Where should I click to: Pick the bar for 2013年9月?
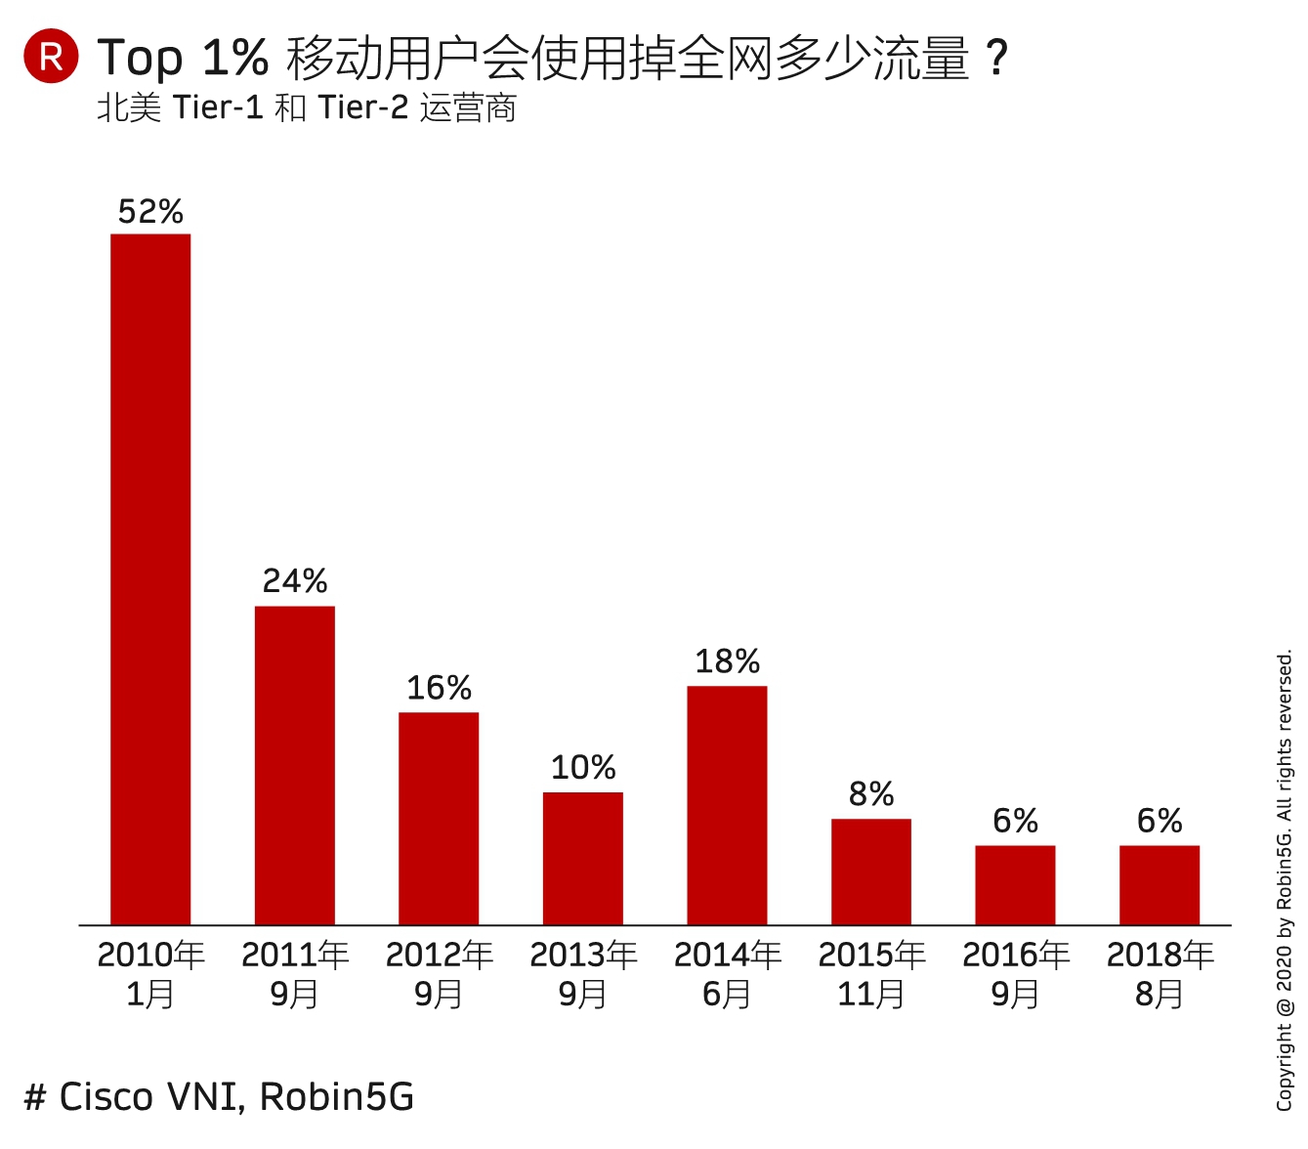click(583, 858)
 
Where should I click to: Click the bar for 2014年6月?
click(727, 805)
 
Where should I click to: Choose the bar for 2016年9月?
click(1015, 884)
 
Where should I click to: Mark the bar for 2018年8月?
click(1160, 884)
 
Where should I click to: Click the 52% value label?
click(150, 212)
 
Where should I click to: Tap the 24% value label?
click(295, 581)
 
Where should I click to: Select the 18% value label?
click(727, 661)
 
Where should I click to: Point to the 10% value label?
click(583, 768)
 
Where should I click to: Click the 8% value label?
click(871, 794)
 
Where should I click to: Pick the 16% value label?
click(439, 688)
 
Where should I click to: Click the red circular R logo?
click(51, 57)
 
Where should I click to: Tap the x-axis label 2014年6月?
click(727, 974)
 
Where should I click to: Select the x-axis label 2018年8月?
click(1160, 974)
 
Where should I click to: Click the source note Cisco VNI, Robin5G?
click(219, 1096)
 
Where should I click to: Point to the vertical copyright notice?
click(1284, 879)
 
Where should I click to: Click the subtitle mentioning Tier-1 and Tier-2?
click(306, 107)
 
